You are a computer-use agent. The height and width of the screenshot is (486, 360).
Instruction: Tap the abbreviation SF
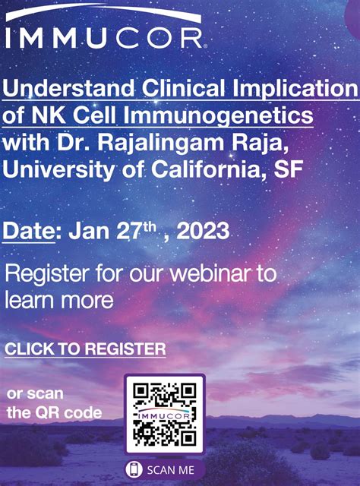286,167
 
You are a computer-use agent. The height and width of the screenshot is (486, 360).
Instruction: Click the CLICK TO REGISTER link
85,349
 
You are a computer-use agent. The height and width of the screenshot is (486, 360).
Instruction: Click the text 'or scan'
35,394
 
